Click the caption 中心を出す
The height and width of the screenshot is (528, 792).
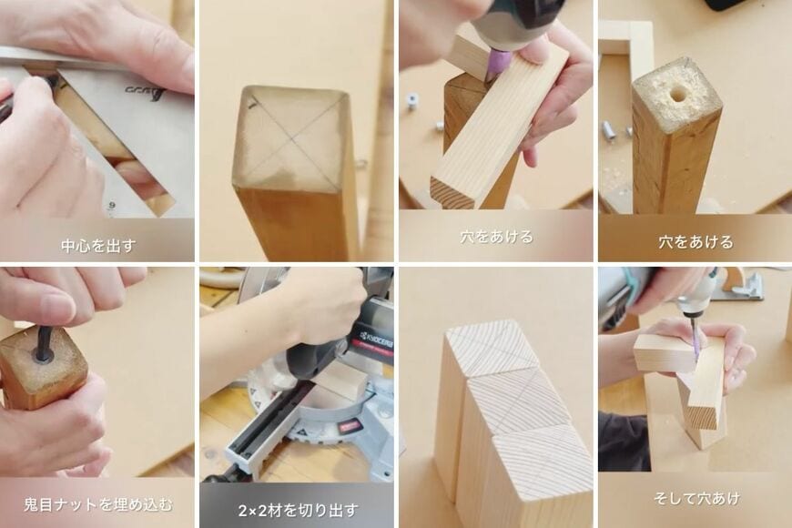(98, 246)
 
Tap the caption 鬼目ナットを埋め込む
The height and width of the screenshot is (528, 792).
(98, 504)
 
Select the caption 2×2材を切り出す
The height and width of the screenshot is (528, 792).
(298, 511)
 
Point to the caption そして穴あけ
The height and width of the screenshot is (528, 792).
(696, 499)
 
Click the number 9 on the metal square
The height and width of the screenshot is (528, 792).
(112, 206)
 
